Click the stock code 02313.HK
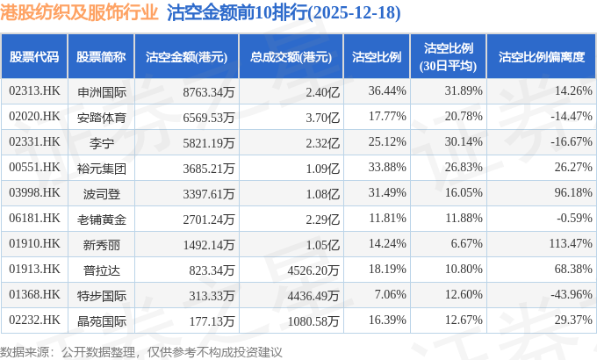pyautogui.click(x=34, y=90)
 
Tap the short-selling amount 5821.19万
pyautogui.click(x=205, y=141)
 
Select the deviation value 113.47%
pyautogui.click(x=562, y=243)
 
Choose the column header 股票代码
pyautogui.click(x=34, y=56)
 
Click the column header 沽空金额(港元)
pyautogui.click(x=186, y=56)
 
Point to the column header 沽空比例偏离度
pyautogui.click(x=541, y=56)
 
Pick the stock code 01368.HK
pyautogui.click(x=34, y=294)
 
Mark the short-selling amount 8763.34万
pyautogui.click(x=205, y=90)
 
